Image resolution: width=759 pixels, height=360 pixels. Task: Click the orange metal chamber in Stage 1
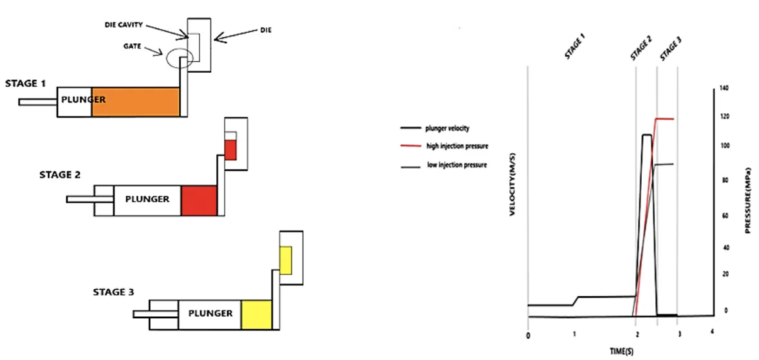click(135, 102)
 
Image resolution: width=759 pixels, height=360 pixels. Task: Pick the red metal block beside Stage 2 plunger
click(199, 200)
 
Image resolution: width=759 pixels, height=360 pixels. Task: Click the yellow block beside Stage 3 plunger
click(257, 314)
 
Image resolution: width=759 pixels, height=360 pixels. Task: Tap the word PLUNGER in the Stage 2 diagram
click(148, 199)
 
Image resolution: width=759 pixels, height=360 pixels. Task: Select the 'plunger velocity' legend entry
click(447, 128)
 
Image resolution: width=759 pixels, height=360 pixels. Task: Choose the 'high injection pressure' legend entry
click(457, 146)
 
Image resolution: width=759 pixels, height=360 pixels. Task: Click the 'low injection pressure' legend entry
click(457, 165)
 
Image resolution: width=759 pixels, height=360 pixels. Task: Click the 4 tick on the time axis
click(711, 332)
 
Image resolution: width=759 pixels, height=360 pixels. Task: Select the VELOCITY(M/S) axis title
click(514, 187)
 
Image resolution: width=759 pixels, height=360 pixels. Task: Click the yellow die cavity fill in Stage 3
click(286, 259)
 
